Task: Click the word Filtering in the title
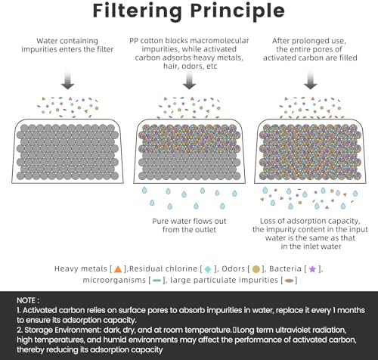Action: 137,11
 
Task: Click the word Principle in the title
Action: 237,11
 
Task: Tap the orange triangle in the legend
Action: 118,269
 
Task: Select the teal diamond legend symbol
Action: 208,269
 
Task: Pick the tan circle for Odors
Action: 256,269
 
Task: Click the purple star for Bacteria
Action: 312,269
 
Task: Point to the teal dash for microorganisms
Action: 156,281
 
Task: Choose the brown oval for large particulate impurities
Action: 289,281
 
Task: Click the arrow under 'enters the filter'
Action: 67,79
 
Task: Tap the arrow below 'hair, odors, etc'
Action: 189,79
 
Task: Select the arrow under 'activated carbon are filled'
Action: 310,79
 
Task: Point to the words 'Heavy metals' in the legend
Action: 81,268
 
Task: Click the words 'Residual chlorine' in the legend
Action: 163,268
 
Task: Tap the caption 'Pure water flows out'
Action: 189,221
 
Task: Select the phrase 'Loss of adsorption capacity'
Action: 310,221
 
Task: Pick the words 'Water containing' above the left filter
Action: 67,41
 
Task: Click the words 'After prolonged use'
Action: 309,41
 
